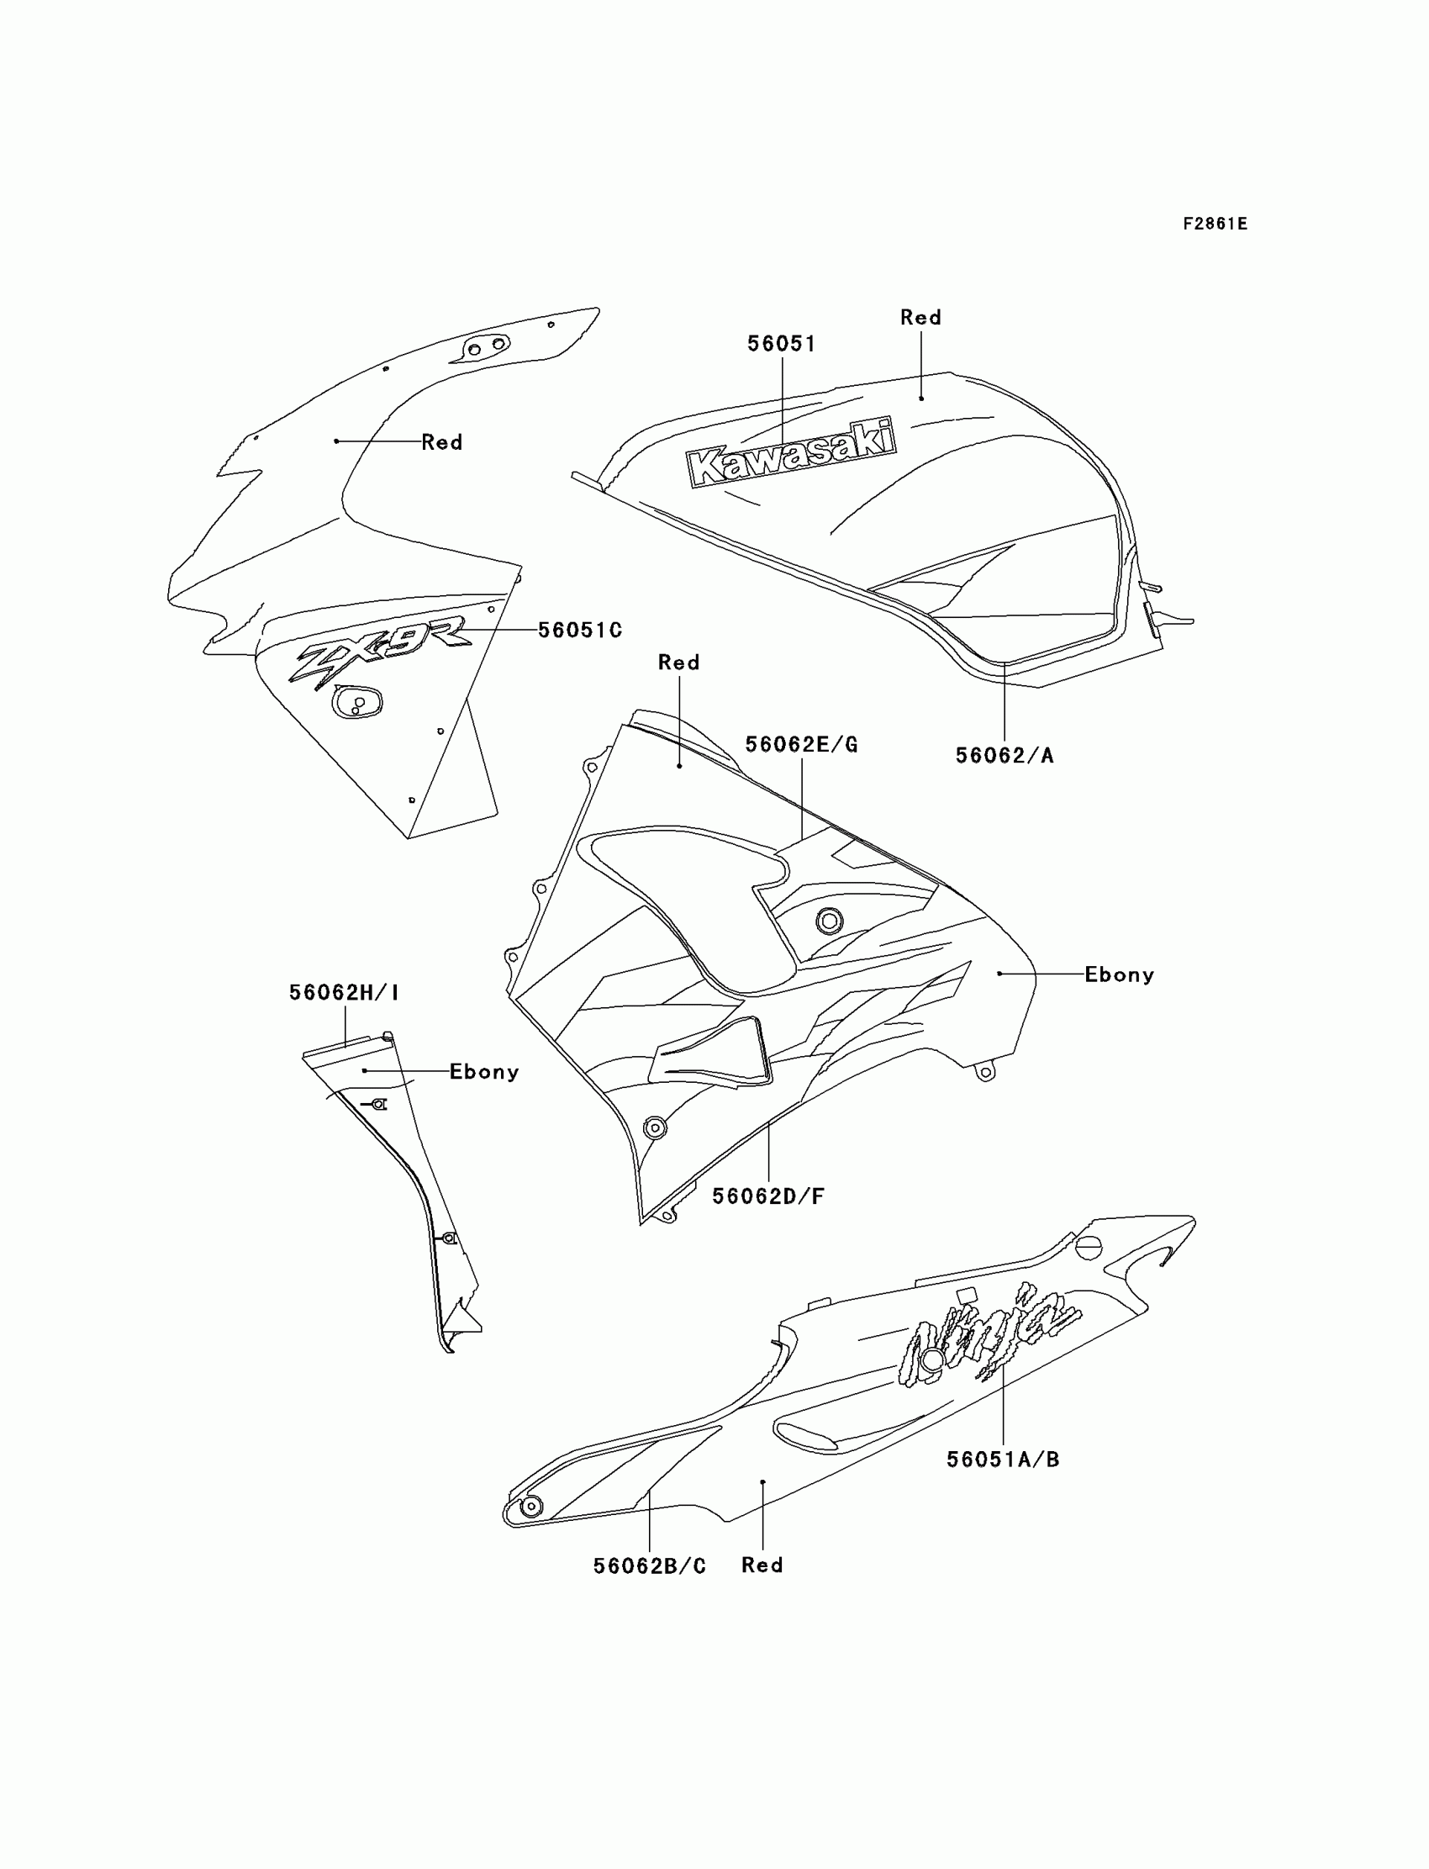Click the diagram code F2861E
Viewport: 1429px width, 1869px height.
[1215, 224]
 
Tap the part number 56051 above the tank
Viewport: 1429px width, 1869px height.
[781, 344]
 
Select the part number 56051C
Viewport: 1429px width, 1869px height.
[579, 631]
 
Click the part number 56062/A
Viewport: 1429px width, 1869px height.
[1004, 756]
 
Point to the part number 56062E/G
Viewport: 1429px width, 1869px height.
[801, 744]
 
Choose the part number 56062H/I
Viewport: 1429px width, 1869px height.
[344, 992]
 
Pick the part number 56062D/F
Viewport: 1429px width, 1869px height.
[768, 1196]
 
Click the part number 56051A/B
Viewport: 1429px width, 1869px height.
[1003, 1460]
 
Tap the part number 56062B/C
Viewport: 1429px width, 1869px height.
[649, 1566]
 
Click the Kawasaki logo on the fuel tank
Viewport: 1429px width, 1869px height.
[791, 452]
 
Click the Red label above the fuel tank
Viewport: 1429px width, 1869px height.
[920, 317]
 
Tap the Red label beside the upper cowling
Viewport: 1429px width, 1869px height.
[441, 442]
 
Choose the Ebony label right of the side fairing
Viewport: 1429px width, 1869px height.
[1119, 975]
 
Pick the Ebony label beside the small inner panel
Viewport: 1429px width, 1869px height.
[484, 1072]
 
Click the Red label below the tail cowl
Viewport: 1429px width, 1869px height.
[762, 1565]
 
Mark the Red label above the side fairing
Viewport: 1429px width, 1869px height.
[678, 663]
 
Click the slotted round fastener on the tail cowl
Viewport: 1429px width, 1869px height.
[1089, 1248]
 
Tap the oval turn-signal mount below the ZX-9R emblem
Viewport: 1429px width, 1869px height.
[357, 703]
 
